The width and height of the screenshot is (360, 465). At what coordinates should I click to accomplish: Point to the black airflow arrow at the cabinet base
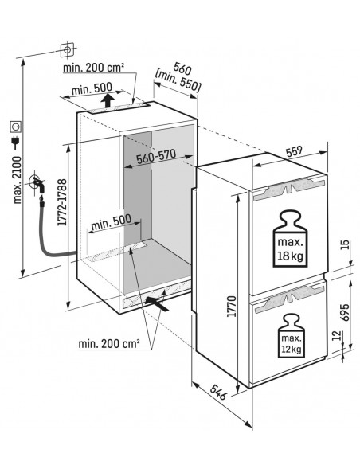coord(156,302)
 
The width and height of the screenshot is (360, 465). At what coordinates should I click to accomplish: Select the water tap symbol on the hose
coord(37,182)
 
